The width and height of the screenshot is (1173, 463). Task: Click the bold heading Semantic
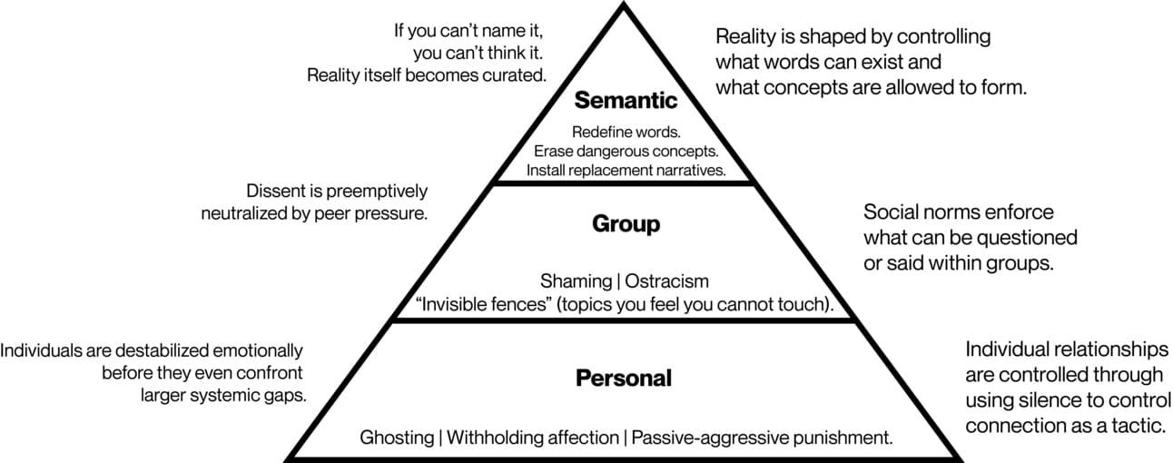626,100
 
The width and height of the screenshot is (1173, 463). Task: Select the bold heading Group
626,223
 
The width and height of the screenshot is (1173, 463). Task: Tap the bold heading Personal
624,378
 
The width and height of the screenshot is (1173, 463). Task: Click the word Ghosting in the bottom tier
397,437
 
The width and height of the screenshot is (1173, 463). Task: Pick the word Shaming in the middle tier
576,281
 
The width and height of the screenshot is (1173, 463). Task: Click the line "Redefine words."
626,133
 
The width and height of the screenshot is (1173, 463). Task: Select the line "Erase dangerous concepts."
626,151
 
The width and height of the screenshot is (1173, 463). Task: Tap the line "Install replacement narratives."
626,169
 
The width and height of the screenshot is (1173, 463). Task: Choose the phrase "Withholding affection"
532,437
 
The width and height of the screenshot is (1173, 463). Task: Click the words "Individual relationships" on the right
1065,350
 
